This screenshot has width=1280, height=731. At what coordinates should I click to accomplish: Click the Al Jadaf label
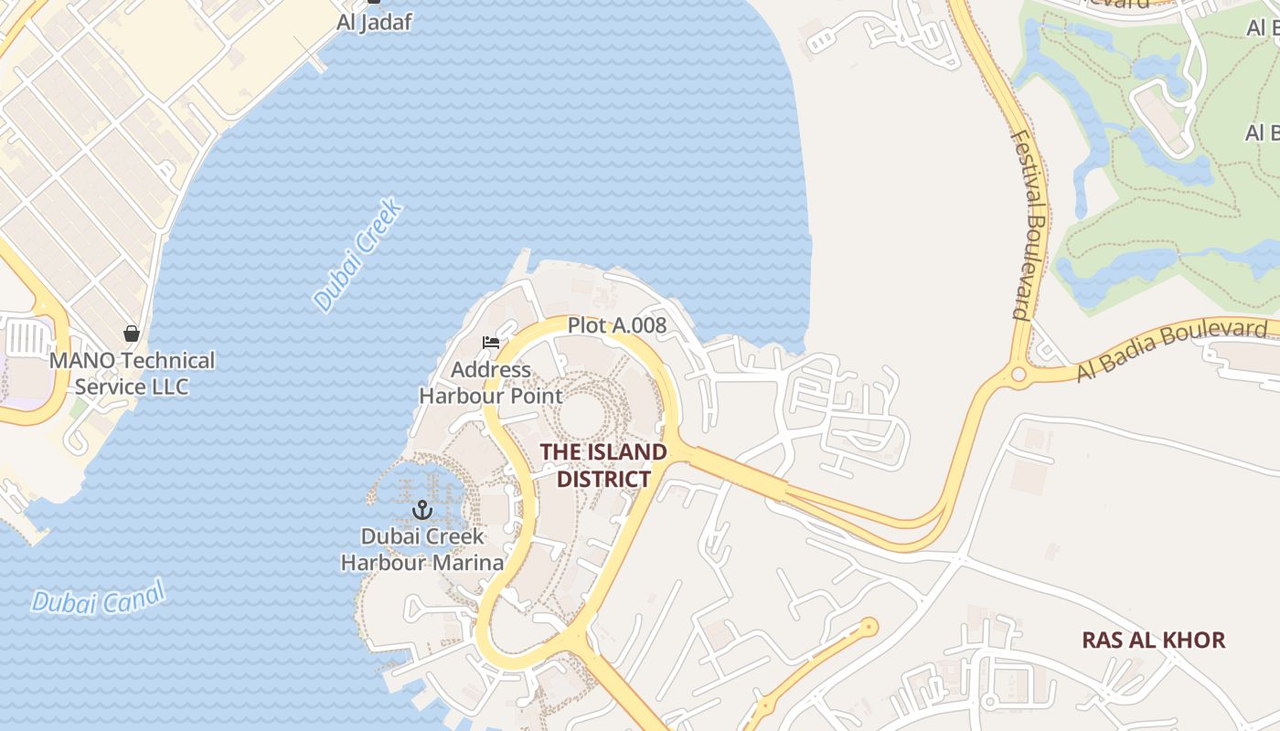pyautogui.click(x=374, y=23)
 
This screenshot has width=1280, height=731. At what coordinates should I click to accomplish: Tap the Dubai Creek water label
pyautogui.click(x=358, y=255)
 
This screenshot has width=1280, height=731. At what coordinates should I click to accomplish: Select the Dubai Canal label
pyautogui.click(x=99, y=598)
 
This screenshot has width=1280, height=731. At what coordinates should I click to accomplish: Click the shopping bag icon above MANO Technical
pyautogui.click(x=132, y=334)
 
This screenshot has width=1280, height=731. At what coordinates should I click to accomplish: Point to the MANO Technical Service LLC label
pyautogui.click(x=132, y=373)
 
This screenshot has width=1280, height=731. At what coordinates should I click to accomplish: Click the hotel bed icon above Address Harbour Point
pyautogui.click(x=491, y=344)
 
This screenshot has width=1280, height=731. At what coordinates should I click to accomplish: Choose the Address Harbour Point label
pyautogui.click(x=491, y=383)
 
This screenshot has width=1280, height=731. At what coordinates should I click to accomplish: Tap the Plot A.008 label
pyautogui.click(x=617, y=325)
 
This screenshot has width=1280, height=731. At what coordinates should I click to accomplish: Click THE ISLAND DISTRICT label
pyautogui.click(x=603, y=465)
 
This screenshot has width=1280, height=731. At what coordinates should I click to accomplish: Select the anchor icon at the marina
pyautogui.click(x=422, y=509)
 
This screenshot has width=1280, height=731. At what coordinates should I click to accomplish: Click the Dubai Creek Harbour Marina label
pyautogui.click(x=422, y=549)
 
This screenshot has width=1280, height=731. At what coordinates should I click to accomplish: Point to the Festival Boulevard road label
pyautogui.click(x=1030, y=225)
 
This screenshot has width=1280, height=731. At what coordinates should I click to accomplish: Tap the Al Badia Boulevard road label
pyautogui.click(x=1176, y=351)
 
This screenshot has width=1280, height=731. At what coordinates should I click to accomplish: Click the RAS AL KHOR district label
pyautogui.click(x=1153, y=640)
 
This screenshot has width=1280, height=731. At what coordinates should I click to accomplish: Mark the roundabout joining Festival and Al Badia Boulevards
pyautogui.click(x=1019, y=375)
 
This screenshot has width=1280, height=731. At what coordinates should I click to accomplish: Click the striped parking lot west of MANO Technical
pyautogui.click(x=27, y=338)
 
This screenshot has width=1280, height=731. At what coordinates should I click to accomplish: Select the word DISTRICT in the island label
pyautogui.click(x=603, y=479)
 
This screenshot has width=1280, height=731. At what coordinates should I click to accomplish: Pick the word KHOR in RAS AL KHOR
pyautogui.click(x=1196, y=640)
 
